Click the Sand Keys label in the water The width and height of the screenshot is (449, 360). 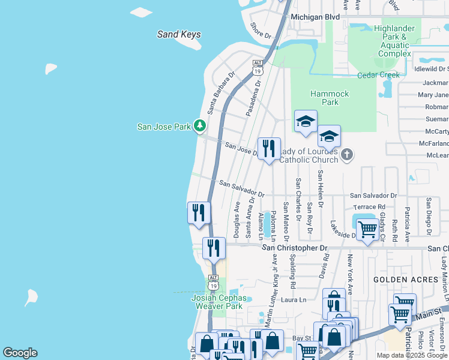(x=179, y=34)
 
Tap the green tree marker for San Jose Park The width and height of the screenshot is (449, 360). (x=199, y=126)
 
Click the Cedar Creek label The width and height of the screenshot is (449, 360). (x=378, y=75)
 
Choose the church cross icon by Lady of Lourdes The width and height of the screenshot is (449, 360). (x=346, y=155)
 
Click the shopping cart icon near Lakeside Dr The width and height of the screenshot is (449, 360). (x=367, y=229)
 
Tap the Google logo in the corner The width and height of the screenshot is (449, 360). (x=20, y=353)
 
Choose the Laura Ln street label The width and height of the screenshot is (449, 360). (x=294, y=299)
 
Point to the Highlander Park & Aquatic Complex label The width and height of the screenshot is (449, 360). (x=394, y=41)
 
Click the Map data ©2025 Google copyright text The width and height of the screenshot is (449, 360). (x=412, y=355)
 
